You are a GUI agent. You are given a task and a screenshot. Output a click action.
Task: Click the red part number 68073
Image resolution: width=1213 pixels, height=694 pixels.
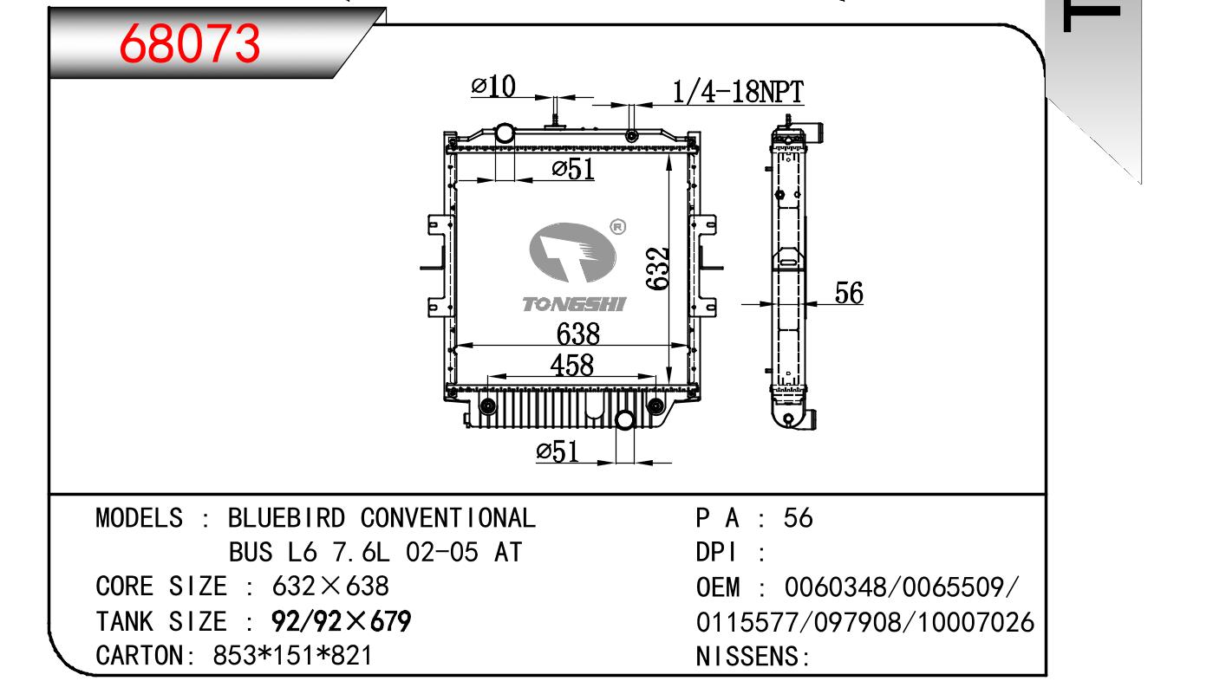(190, 43)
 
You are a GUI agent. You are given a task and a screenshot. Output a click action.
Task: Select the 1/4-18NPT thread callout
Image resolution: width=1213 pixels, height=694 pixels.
(738, 92)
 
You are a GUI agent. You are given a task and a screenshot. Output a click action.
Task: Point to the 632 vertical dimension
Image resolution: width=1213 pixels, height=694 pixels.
(658, 269)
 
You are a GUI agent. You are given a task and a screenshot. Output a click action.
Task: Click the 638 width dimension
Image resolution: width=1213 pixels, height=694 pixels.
(577, 334)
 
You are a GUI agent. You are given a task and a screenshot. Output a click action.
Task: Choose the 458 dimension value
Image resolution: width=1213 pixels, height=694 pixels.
(572, 365)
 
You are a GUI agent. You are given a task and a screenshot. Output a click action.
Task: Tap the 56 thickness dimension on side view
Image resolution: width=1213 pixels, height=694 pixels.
(849, 293)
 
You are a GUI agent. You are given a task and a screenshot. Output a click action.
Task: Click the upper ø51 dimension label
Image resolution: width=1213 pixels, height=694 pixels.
(573, 169)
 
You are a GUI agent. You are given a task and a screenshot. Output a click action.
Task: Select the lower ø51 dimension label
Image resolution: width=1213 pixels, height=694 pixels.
(558, 451)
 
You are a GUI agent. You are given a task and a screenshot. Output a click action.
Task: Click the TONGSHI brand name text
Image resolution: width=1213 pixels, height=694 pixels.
(574, 304)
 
